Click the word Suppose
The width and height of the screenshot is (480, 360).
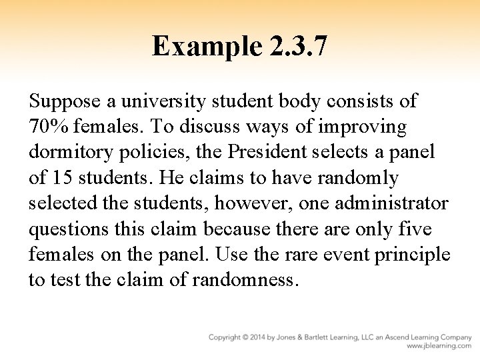tap(64, 101)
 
